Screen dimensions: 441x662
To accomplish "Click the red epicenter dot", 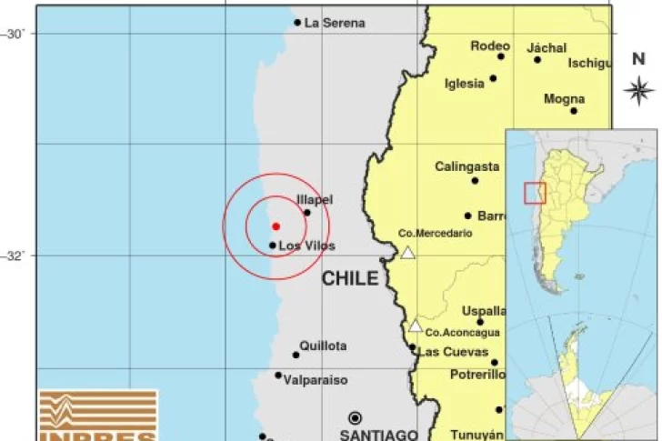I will coord(276,226).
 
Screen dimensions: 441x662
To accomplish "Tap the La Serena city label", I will coord(335,23).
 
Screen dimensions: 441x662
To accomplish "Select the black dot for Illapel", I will coord(306,213).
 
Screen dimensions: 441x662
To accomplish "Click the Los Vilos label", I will coord(306,246).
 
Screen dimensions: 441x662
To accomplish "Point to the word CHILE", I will coord(349,278).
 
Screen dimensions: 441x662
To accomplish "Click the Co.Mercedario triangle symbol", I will coord(408,253).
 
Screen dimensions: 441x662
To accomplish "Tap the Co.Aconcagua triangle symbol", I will coord(416,326).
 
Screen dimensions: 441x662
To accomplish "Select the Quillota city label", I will coord(323,346).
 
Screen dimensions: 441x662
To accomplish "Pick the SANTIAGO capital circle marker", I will coord(355,417).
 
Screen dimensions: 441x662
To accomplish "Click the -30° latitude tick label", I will coord(15,34).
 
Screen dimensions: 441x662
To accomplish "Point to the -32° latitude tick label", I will coord(15,256).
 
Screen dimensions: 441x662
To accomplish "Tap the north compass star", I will coord(640,89).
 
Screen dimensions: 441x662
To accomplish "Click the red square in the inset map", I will coord(535,193).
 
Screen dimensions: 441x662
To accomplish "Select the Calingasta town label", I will coord(466,166).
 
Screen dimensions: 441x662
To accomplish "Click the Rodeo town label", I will coord(490,45).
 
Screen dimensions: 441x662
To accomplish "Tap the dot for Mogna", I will coord(574,111).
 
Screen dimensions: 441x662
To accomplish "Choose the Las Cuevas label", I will coord(453,352).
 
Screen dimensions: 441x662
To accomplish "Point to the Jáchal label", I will coord(546,47).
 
